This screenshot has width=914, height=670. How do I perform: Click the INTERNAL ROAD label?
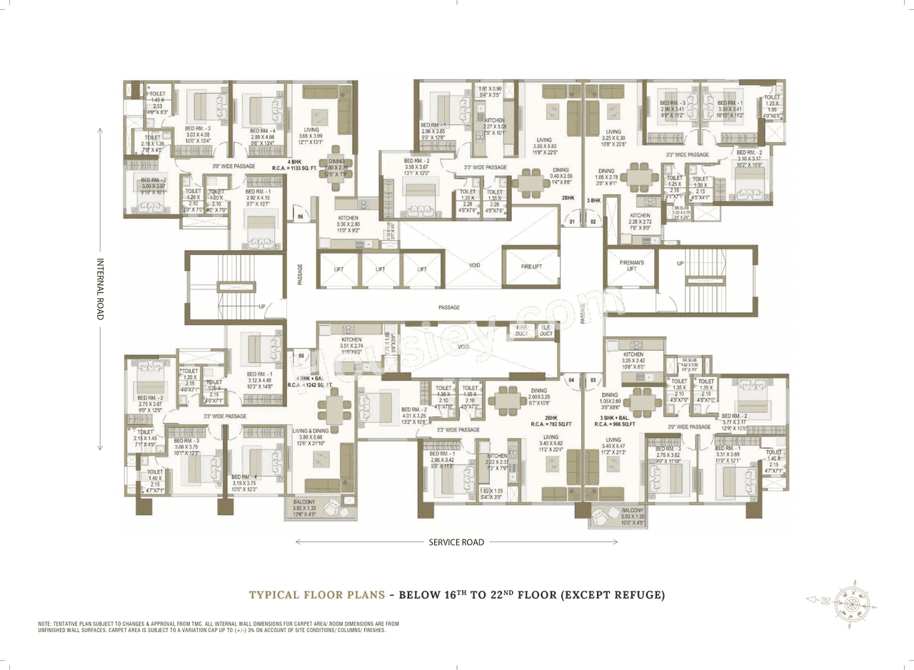point(100,289)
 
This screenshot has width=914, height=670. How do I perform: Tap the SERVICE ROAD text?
point(456,542)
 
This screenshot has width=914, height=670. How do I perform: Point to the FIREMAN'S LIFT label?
point(631,266)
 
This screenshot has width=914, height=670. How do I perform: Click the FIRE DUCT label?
point(522,330)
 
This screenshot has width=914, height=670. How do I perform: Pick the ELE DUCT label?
point(546,330)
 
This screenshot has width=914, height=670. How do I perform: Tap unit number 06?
point(301,216)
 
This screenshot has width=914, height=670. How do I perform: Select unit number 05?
point(302,355)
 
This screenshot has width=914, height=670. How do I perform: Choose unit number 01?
point(571,222)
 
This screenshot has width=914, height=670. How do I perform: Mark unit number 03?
point(593,381)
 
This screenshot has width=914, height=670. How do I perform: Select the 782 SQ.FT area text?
point(551,424)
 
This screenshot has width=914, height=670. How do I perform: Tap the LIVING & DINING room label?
point(309,430)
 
